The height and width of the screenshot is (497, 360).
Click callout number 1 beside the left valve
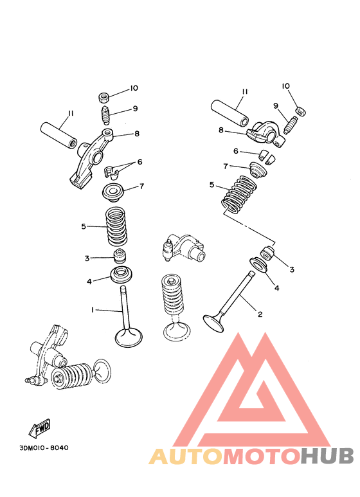[93, 310]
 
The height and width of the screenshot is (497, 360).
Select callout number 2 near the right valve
[260, 314]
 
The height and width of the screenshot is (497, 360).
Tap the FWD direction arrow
[39, 427]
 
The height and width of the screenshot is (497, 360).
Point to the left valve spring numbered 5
[116, 226]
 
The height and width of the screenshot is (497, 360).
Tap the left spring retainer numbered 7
[113, 191]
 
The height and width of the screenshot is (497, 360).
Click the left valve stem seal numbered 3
[119, 258]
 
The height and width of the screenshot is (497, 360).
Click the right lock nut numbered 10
[301, 111]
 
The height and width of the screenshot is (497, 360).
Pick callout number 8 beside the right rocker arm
[221, 130]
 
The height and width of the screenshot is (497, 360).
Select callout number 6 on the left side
[139, 162]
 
